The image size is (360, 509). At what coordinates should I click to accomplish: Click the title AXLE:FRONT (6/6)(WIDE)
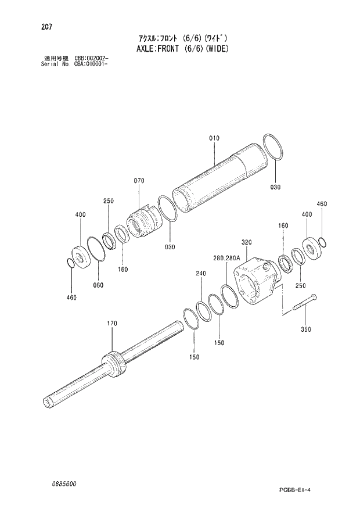(x=180, y=49)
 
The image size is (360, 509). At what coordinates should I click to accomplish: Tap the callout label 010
(x=214, y=138)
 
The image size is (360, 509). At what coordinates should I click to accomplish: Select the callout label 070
(x=139, y=181)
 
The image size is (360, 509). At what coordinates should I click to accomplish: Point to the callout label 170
(x=112, y=323)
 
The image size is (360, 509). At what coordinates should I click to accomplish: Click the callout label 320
(x=246, y=242)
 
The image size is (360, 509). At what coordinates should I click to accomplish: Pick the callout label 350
(x=306, y=329)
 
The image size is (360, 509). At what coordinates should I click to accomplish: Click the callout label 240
(x=201, y=273)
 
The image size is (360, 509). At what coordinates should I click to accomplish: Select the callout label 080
(x=98, y=285)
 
